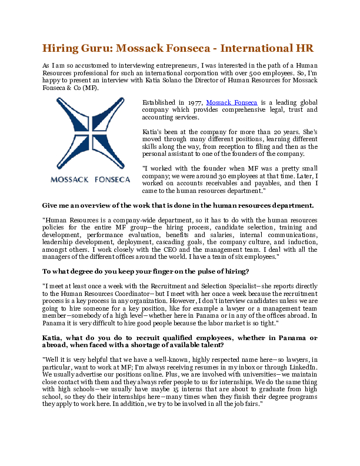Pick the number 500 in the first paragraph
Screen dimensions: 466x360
(x=281, y=72)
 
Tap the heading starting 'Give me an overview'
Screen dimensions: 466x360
(x=178, y=205)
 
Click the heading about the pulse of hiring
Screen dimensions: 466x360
(x=146, y=271)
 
